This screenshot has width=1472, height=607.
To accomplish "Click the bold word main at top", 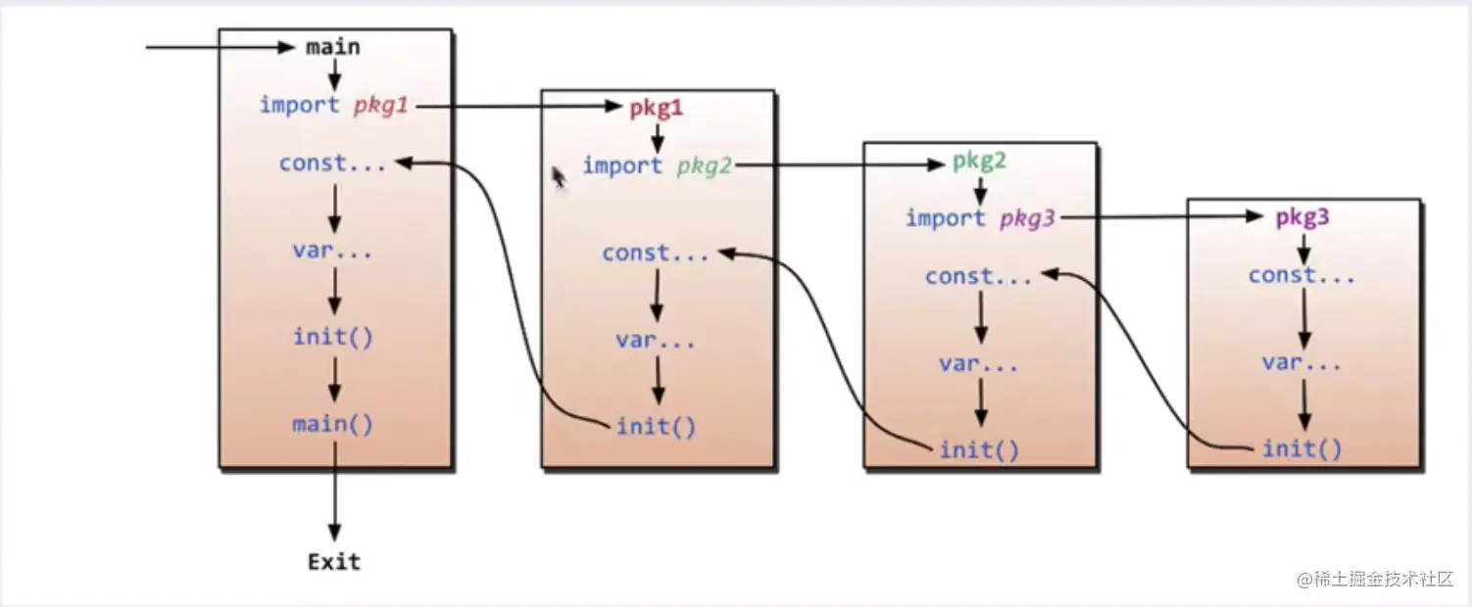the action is pyautogui.click(x=333, y=47).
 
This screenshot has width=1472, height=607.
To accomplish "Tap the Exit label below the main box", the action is pyautogui.click(x=334, y=562).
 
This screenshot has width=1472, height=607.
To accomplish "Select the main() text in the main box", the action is pyautogui.click(x=332, y=425).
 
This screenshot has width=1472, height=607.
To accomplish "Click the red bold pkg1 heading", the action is pyautogui.click(x=657, y=109).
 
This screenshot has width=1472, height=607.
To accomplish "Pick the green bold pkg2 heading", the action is pyautogui.click(x=980, y=161).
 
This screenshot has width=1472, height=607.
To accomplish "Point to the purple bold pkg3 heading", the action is pyautogui.click(x=1302, y=216).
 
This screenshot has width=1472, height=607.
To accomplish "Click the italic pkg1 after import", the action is pyautogui.click(x=381, y=106).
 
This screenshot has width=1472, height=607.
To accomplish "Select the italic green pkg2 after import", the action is pyautogui.click(x=705, y=166).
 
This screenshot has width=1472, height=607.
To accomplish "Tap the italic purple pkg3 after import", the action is pyautogui.click(x=1027, y=218).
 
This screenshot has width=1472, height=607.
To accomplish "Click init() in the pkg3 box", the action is pyautogui.click(x=1302, y=448).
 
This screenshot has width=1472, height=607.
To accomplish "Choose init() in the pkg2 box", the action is pyautogui.click(x=979, y=450).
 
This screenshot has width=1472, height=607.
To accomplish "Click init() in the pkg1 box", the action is pyautogui.click(x=656, y=427).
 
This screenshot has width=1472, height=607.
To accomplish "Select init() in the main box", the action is pyautogui.click(x=332, y=338).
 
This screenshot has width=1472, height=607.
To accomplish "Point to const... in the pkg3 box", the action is pyautogui.click(x=1301, y=276).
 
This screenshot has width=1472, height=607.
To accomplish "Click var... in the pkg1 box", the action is pyautogui.click(x=656, y=341).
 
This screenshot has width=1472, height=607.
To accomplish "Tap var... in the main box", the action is pyautogui.click(x=332, y=251).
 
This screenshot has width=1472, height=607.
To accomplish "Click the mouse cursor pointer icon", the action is pyautogui.click(x=559, y=177).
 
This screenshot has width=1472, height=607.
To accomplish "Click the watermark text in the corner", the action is pyautogui.click(x=1375, y=579).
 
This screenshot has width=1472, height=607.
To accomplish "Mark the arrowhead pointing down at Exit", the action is pyautogui.click(x=334, y=533).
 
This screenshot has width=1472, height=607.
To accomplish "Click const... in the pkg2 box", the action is pyautogui.click(x=978, y=277).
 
